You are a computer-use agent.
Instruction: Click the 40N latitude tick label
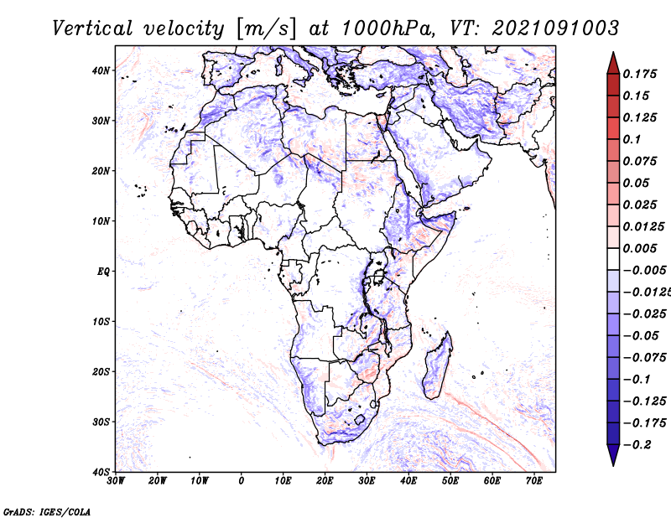coord(101,70)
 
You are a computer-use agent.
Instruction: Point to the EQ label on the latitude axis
coord(102,272)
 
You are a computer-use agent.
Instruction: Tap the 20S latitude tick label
coord(101,371)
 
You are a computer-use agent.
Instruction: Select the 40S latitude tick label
coord(101,472)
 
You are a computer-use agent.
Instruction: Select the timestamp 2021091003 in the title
coord(546,28)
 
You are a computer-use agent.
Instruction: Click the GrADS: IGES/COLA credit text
coord(47,510)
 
